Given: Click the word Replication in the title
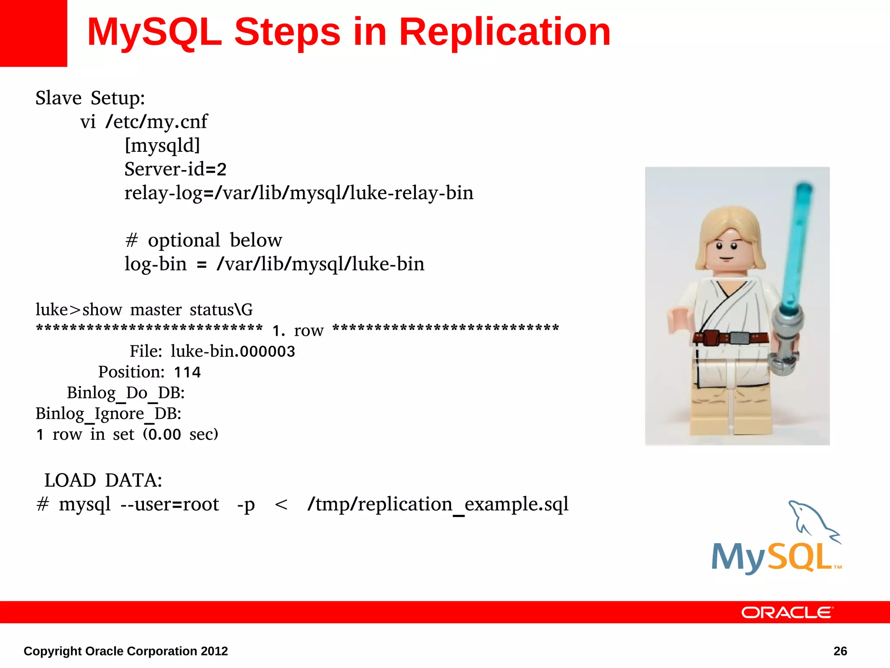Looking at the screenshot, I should [x=505, y=32].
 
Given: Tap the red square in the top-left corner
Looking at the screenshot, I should [x=33, y=33].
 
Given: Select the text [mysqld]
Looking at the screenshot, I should [x=162, y=145].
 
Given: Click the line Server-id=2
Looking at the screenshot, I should [x=175, y=169].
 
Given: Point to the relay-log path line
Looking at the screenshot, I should [x=299, y=193].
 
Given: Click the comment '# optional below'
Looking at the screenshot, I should [x=203, y=240].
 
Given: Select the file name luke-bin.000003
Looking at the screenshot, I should [x=232, y=351].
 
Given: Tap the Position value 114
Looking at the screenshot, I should [x=187, y=372].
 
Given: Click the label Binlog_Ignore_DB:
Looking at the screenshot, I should [x=108, y=414].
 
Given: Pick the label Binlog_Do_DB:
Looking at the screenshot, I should [x=126, y=393].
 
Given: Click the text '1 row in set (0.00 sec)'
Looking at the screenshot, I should [x=126, y=434].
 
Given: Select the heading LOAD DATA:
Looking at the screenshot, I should [x=103, y=481].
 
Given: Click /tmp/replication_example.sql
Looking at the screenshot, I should [x=438, y=504].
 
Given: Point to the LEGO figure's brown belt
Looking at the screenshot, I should [x=730, y=337].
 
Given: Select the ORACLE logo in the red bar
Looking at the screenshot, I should [x=787, y=612].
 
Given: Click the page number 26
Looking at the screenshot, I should [x=840, y=651].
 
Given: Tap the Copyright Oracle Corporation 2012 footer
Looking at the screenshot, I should [x=126, y=651].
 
